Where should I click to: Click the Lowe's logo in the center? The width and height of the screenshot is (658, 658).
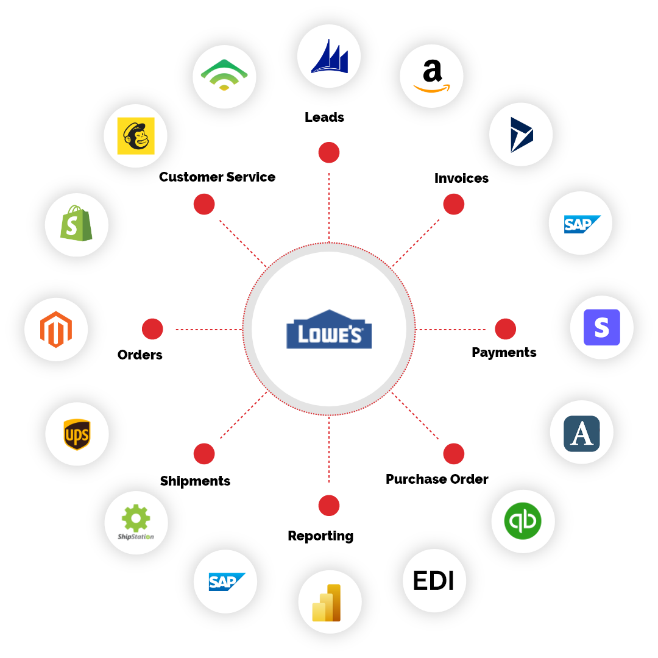pos(329,330)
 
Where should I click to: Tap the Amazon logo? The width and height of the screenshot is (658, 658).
pos(432,76)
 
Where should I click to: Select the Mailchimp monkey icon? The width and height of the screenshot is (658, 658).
pos(135,136)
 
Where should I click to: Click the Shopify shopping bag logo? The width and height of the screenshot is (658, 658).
pos(76,223)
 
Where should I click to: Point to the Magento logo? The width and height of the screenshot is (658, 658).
pos(56,330)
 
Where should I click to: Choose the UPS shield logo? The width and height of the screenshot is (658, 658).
pos(77,434)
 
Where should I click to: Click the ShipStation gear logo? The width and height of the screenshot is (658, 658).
pos(135,522)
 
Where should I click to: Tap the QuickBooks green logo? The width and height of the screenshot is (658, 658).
pos(523,521)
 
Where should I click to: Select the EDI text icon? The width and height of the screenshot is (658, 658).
pos(434,581)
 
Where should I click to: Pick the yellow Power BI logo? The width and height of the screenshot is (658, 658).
pos(327,603)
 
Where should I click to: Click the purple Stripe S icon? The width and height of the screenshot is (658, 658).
pos(602,327)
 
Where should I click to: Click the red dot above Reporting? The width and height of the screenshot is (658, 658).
pos(329,505)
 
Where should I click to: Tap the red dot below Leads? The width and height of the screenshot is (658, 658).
pos(329,152)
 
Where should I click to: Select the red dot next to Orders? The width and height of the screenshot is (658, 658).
pos(152,329)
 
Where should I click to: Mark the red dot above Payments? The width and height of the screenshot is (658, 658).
pos(505,329)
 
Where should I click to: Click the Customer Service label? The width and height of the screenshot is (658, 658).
pos(218,177)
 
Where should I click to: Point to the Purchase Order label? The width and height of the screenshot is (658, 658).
pos(437,479)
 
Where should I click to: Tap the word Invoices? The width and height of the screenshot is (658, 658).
pos(461,178)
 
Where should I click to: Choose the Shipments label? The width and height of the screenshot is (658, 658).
pos(195,481)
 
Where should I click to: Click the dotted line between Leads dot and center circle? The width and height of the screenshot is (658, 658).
pos(329,208)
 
